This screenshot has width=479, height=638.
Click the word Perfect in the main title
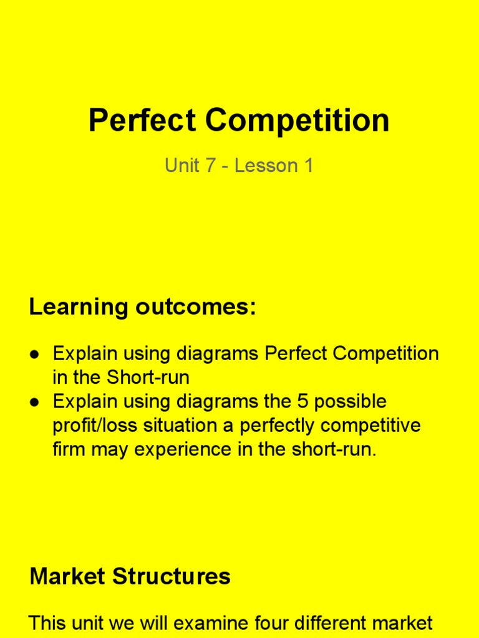[x=142, y=121]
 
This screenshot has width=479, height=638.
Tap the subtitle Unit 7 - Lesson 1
[x=239, y=166]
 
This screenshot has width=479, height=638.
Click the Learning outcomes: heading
[x=143, y=307]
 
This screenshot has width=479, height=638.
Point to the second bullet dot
[x=36, y=402]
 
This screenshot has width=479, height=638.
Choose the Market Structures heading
[x=130, y=576]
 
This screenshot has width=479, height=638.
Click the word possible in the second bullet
[x=351, y=401]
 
